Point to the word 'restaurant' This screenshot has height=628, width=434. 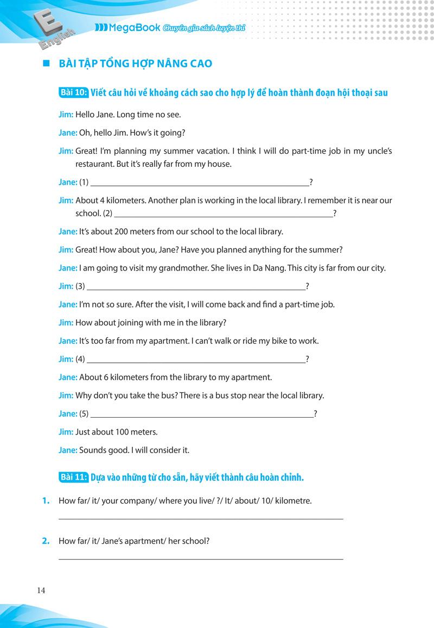[94, 164]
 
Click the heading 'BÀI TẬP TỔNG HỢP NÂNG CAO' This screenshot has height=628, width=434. [135, 64]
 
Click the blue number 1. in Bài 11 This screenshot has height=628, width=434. [46, 501]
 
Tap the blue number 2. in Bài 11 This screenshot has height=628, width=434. [46, 541]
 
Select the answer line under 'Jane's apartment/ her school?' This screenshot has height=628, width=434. [201, 558]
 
